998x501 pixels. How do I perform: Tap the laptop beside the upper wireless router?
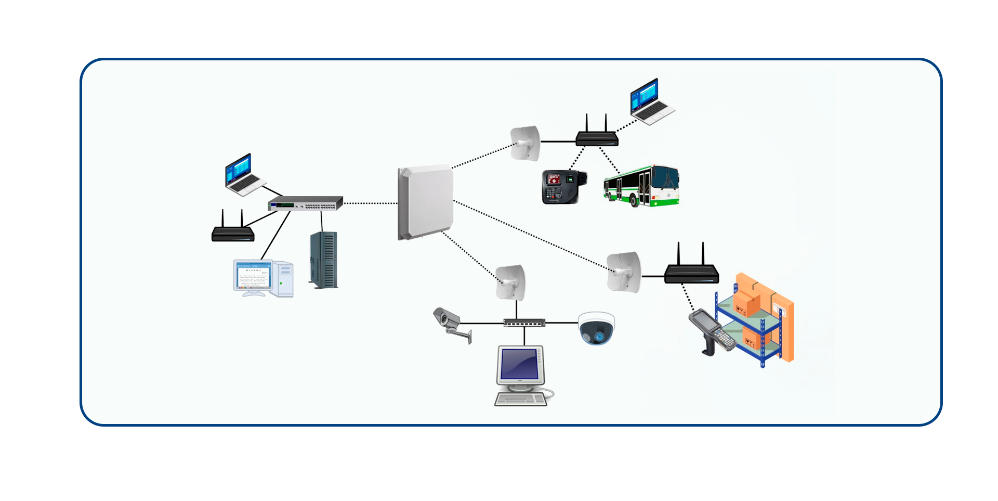pos(651,101)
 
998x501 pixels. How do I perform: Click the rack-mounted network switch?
pos(306,203)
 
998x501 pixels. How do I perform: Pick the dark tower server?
pos(324,260)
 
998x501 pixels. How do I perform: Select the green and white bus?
pos(641,186)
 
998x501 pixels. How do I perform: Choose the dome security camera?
pos(597,328)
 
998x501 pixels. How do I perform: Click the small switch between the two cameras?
pos(524,323)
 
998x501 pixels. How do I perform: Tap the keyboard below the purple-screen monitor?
pos(520,400)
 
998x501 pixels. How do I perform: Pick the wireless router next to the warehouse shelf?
pos(691,271)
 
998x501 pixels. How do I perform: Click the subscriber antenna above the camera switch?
pos(510,282)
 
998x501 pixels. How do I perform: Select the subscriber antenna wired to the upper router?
pos(524,143)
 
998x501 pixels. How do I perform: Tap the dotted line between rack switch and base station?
pos(370,203)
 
